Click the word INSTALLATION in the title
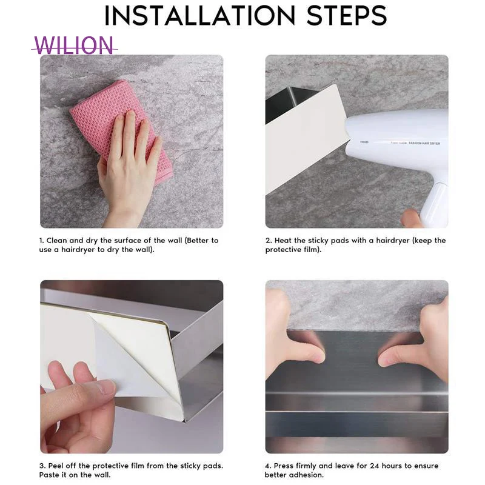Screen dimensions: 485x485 pyautogui.click(x=199, y=16)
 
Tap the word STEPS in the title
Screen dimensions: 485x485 pyautogui.click(x=347, y=16)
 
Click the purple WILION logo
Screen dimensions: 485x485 pyautogui.click(x=74, y=45)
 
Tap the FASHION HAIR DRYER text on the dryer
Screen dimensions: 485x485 pyautogui.click(x=424, y=143)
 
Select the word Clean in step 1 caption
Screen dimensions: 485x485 pyautogui.click(x=56, y=240)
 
